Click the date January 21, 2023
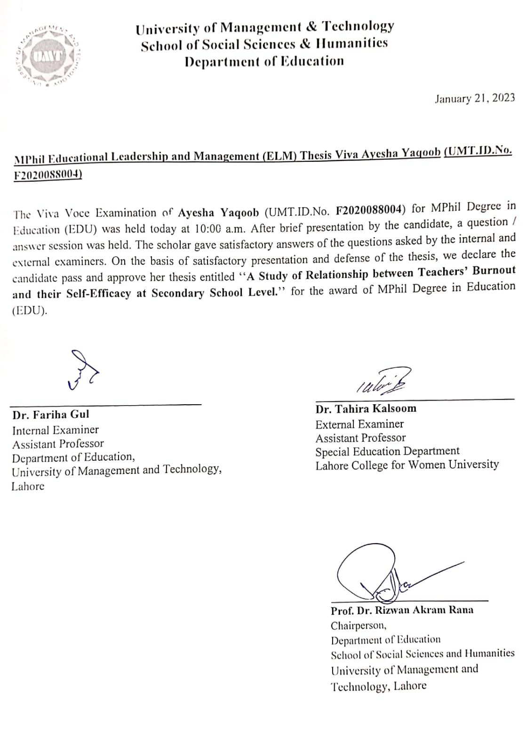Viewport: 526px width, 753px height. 475,98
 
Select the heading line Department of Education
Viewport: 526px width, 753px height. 264,61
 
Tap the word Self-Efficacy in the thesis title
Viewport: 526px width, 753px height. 98,294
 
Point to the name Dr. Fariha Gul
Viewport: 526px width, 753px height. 51,415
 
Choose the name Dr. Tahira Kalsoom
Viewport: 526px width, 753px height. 366,409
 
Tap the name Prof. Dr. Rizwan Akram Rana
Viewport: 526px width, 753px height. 402,610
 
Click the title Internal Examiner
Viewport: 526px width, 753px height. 56,430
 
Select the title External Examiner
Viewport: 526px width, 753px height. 359,424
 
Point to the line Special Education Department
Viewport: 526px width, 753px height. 387,451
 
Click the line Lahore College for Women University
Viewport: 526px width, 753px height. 407,465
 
